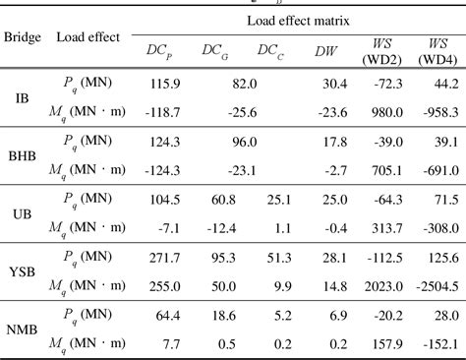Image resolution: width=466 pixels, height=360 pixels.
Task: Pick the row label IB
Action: click(22, 98)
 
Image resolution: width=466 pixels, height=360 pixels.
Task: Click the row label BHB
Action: click(22, 156)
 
